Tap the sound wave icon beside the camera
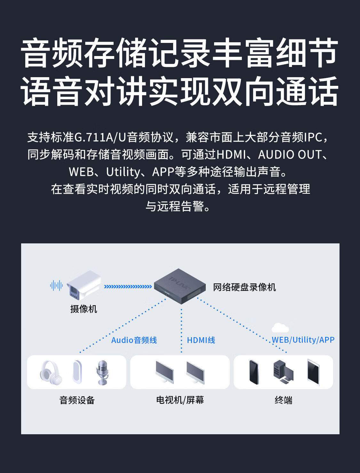56,285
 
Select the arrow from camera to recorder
128,286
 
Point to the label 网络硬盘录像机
244,287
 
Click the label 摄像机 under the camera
84,309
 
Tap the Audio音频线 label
134,340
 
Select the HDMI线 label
201,340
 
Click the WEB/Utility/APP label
303,340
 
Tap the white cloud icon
280,328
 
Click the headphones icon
51,372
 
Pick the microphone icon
103,372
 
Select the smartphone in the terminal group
254,372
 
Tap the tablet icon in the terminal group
313,372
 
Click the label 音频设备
77,400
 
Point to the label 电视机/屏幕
180,400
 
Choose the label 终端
284,400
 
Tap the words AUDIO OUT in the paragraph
289,155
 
